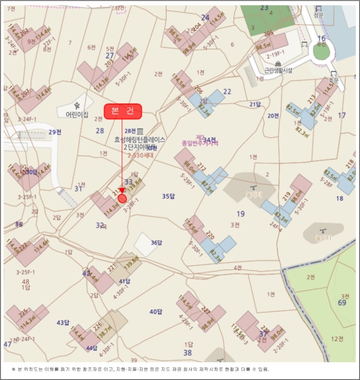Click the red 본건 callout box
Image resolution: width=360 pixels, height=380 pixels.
click(123, 111)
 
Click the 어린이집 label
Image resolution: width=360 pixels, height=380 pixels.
click(77, 115)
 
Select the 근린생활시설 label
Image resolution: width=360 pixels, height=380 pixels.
click(278, 70)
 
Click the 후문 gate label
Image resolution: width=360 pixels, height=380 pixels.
click(333, 80)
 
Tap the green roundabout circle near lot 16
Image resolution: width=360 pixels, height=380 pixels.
click(321, 52)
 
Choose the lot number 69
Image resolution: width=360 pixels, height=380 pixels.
click(342, 302)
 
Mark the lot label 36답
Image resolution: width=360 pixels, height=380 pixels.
click(156, 243)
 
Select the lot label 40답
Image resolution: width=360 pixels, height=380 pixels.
click(156, 312)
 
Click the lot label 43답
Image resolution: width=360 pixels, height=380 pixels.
click(63, 322)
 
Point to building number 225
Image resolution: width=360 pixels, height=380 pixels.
click(23, 313)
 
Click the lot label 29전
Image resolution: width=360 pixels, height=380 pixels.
click(55, 132)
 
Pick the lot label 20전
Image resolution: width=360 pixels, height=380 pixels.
click(273, 116)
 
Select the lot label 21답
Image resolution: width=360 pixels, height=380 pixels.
click(255, 104)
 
